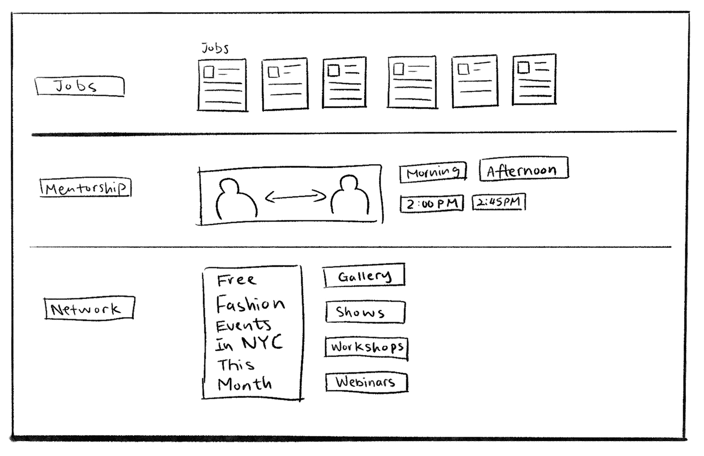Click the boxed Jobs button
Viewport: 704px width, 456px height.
coord(79,87)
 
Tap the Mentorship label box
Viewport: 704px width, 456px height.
coord(85,188)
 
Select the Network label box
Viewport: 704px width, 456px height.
coord(89,309)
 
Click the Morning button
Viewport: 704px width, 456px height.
coord(433,173)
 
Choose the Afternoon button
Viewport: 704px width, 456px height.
coord(523,170)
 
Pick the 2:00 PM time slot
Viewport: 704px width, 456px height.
coord(431,204)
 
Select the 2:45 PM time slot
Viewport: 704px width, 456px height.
coord(498,202)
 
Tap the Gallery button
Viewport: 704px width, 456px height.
coord(364,276)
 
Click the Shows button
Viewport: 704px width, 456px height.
coord(365,312)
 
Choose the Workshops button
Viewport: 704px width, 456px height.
coord(366,347)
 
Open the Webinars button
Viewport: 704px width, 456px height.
coord(366,383)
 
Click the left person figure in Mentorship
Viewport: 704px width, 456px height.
coord(236,198)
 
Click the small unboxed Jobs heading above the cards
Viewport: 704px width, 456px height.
coord(215,48)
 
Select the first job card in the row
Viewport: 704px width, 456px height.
coord(222,85)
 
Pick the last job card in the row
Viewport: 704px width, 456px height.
coord(534,79)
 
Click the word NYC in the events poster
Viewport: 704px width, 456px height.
coord(263,343)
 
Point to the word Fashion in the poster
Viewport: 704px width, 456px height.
coord(250,304)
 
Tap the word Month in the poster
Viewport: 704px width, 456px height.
coord(245,384)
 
